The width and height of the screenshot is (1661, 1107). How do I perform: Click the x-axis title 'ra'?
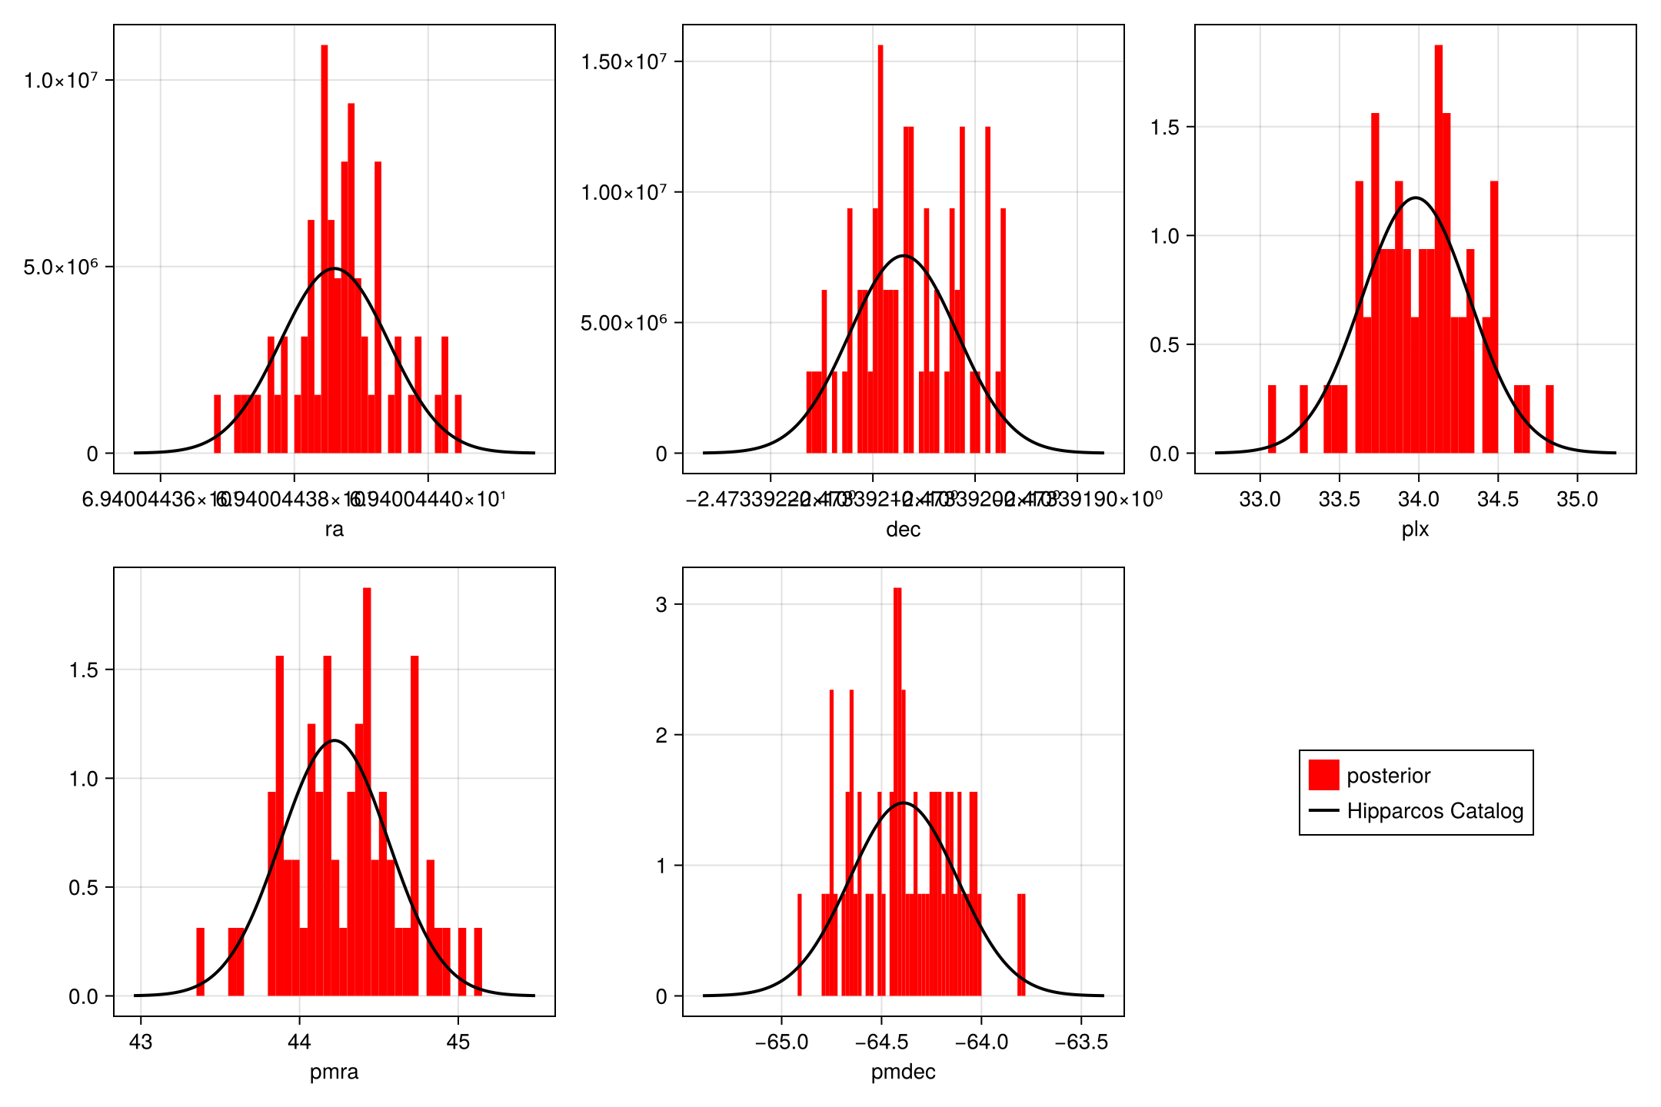[x=334, y=529]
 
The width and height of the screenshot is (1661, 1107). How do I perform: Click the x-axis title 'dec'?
[x=903, y=529]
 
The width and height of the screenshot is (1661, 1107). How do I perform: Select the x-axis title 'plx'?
[x=1415, y=529]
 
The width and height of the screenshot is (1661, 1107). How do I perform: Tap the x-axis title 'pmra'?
[x=334, y=1072]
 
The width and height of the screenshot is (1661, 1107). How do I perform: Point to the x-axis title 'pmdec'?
[x=903, y=1072]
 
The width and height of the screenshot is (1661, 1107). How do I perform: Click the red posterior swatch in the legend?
[x=1323, y=775]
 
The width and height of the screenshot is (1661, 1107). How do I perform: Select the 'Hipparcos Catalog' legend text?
[x=1435, y=811]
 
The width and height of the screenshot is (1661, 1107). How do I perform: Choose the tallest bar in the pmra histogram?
[x=367, y=792]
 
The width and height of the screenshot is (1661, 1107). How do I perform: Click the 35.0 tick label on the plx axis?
[x=1577, y=500]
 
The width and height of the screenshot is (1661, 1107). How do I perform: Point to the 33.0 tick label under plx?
[x=1260, y=500]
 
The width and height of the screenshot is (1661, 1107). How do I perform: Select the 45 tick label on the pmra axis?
[x=458, y=1042]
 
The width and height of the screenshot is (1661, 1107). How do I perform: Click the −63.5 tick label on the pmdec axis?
[x=1081, y=1042]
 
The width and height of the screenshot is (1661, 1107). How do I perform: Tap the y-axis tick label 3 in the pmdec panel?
[x=661, y=604]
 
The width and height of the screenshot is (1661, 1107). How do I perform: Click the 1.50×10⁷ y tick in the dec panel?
[x=624, y=61]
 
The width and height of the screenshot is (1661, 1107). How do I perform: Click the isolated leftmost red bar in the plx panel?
[x=1272, y=419]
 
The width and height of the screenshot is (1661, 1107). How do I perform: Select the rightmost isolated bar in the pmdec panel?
[x=1021, y=945]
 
